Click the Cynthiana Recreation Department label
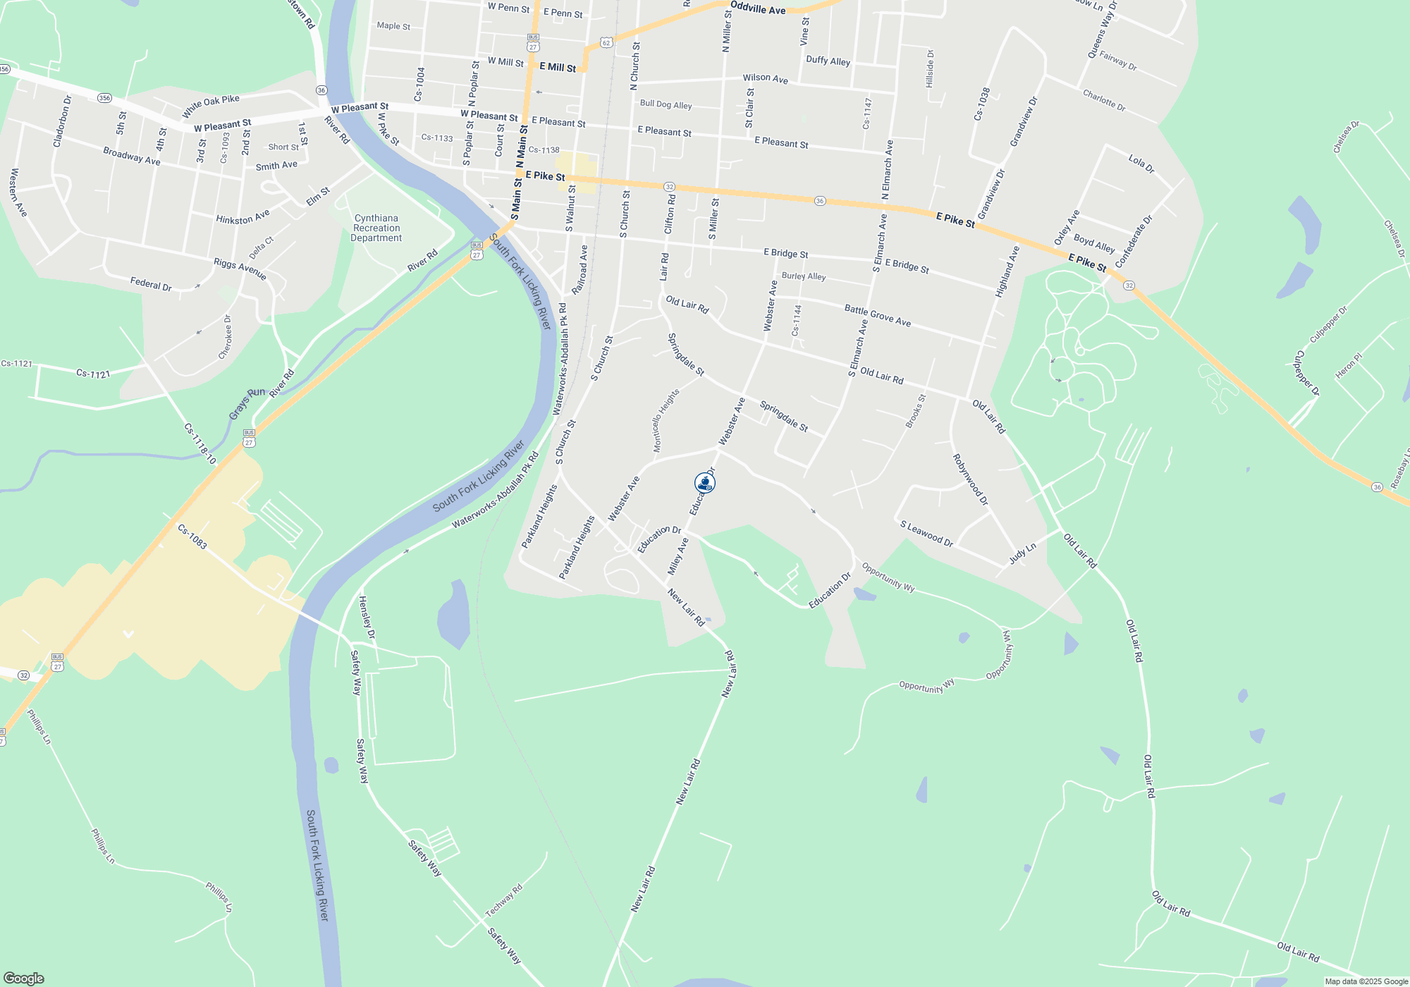tap(376, 228)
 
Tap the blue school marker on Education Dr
tap(704, 483)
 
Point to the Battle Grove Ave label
tap(877, 315)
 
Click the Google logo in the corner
tap(23, 978)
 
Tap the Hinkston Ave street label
tap(243, 217)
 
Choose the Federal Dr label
tap(151, 284)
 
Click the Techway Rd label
tap(503, 900)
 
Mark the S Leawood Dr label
tap(926, 534)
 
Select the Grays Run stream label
tap(247, 403)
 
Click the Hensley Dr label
tap(367, 618)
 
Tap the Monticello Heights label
tap(666, 420)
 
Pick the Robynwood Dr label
tap(970, 479)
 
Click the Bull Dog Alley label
tap(666, 104)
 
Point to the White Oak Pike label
tap(211, 106)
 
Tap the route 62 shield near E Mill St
tap(606, 43)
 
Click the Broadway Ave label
tap(132, 156)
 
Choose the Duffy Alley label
tap(828, 61)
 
